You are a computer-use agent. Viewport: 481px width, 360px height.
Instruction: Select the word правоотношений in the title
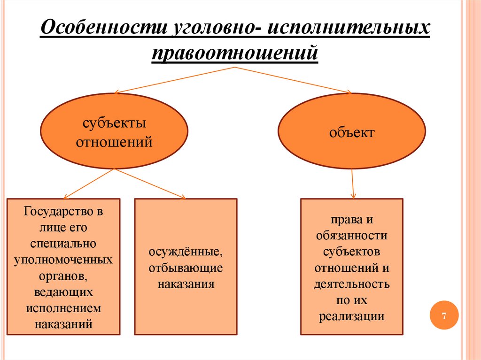click(235, 53)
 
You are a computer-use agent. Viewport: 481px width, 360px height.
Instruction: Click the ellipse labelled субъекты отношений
click(114, 131)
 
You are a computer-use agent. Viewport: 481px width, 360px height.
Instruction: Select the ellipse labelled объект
click(352, 132)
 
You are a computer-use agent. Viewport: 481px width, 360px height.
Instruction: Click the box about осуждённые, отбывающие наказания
click(186, 266)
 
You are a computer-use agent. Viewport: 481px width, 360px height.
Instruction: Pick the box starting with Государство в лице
click(63, 266)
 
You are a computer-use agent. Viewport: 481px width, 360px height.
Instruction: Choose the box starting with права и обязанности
click(352, 266)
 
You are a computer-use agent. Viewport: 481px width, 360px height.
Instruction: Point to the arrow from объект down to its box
click(353, 184)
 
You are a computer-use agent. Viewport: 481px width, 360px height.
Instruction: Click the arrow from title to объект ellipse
click(291, 80)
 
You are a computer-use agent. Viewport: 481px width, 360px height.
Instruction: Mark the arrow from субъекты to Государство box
click(88, 184)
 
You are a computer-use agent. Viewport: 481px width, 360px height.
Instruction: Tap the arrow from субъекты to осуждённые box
click(149, 184)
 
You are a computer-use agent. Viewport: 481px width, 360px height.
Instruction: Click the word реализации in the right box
click(352, 316)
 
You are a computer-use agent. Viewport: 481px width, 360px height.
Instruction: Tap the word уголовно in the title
click(211, 29)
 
